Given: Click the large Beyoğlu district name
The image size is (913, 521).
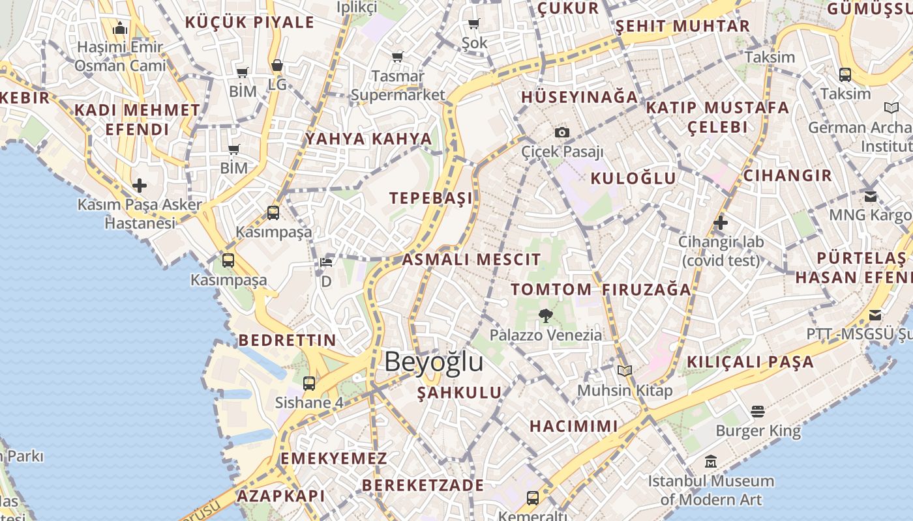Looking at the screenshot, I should [x=434, y=362].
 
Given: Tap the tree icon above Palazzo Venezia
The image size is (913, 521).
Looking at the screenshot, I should [x=545, y=316].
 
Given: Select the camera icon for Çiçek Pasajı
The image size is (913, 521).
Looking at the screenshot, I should [x=562, y=133].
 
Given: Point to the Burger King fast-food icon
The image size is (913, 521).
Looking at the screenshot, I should [x=757, y=412].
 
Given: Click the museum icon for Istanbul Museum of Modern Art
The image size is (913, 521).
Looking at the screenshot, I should [x=711, y=462].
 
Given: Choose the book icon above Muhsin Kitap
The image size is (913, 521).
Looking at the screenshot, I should [x=625, y=371].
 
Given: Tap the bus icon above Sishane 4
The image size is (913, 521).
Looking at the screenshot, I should [x=309, y=383].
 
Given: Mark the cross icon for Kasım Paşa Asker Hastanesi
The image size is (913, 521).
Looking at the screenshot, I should [x=140, y=186].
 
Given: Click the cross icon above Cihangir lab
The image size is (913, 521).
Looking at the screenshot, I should [x=721, y=223].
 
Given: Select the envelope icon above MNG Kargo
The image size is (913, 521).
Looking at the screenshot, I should [x=871, y=196].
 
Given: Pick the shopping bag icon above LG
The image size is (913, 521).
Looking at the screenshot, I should [x=277, y=66].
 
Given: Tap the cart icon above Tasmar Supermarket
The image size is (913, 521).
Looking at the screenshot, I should [x=398, y=57].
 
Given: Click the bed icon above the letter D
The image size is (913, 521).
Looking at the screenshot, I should [x=326, y=262].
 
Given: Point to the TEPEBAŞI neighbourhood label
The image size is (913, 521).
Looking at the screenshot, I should [x=430, y=199].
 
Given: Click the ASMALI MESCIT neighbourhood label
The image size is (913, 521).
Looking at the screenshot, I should [x=471, y=259].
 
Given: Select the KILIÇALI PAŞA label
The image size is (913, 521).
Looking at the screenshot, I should [x=750, y=362].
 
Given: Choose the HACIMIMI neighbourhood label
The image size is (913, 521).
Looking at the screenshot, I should [x=573, y=427].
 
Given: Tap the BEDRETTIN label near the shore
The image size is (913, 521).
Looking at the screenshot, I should [x=287, y=340].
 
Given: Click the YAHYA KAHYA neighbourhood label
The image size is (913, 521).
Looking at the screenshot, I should [x=369, y=139].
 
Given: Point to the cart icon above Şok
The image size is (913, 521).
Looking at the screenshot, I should [x=474, y=24].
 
